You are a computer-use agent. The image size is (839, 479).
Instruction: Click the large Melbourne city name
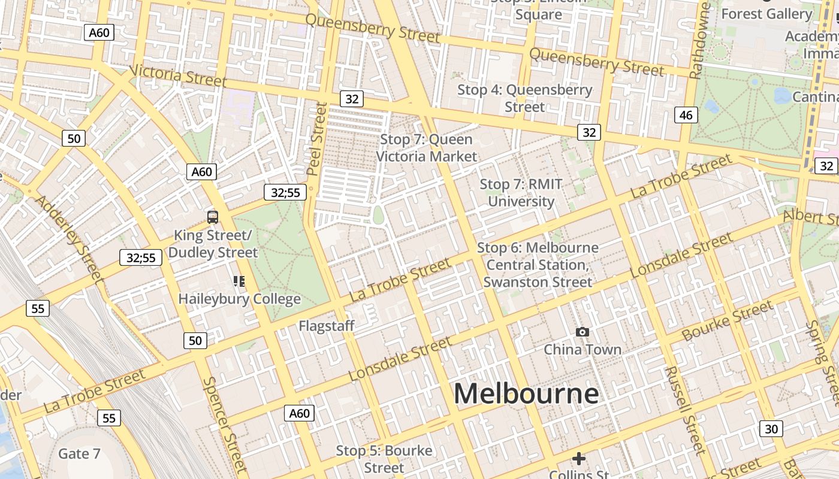click(x=526, y=393)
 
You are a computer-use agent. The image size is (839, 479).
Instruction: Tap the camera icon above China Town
click(x=581, y=332)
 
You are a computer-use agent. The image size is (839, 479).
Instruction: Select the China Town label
click(x=582, y=349)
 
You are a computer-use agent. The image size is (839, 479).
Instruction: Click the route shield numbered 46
click(x=686, y=115)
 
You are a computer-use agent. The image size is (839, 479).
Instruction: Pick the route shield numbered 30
click(x=771, y=429)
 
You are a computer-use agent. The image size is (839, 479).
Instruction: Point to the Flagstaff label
click(x=327, y=326)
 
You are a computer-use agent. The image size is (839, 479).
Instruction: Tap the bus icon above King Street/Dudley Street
click(x=212, y=217)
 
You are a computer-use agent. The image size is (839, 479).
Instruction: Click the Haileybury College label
click(x=239, y=298)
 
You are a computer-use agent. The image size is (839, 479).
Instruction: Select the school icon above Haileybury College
click(x=239, y=281)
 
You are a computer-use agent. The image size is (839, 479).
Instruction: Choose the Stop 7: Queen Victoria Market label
click(x=426, y=148)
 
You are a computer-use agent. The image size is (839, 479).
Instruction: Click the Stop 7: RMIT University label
click(x=521, y=193)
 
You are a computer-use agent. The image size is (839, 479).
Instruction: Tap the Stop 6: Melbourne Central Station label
click(x=538, y=265)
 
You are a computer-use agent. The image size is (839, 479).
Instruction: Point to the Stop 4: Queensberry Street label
click(x=524, y=98)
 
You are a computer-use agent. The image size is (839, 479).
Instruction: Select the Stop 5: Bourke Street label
click(x=384, y=459)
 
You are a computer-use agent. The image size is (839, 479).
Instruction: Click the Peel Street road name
click(x=317, y=139)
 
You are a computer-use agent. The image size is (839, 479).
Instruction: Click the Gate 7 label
click(x=79, y=454)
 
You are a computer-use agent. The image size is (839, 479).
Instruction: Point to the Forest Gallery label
click(x=766, y=13)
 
